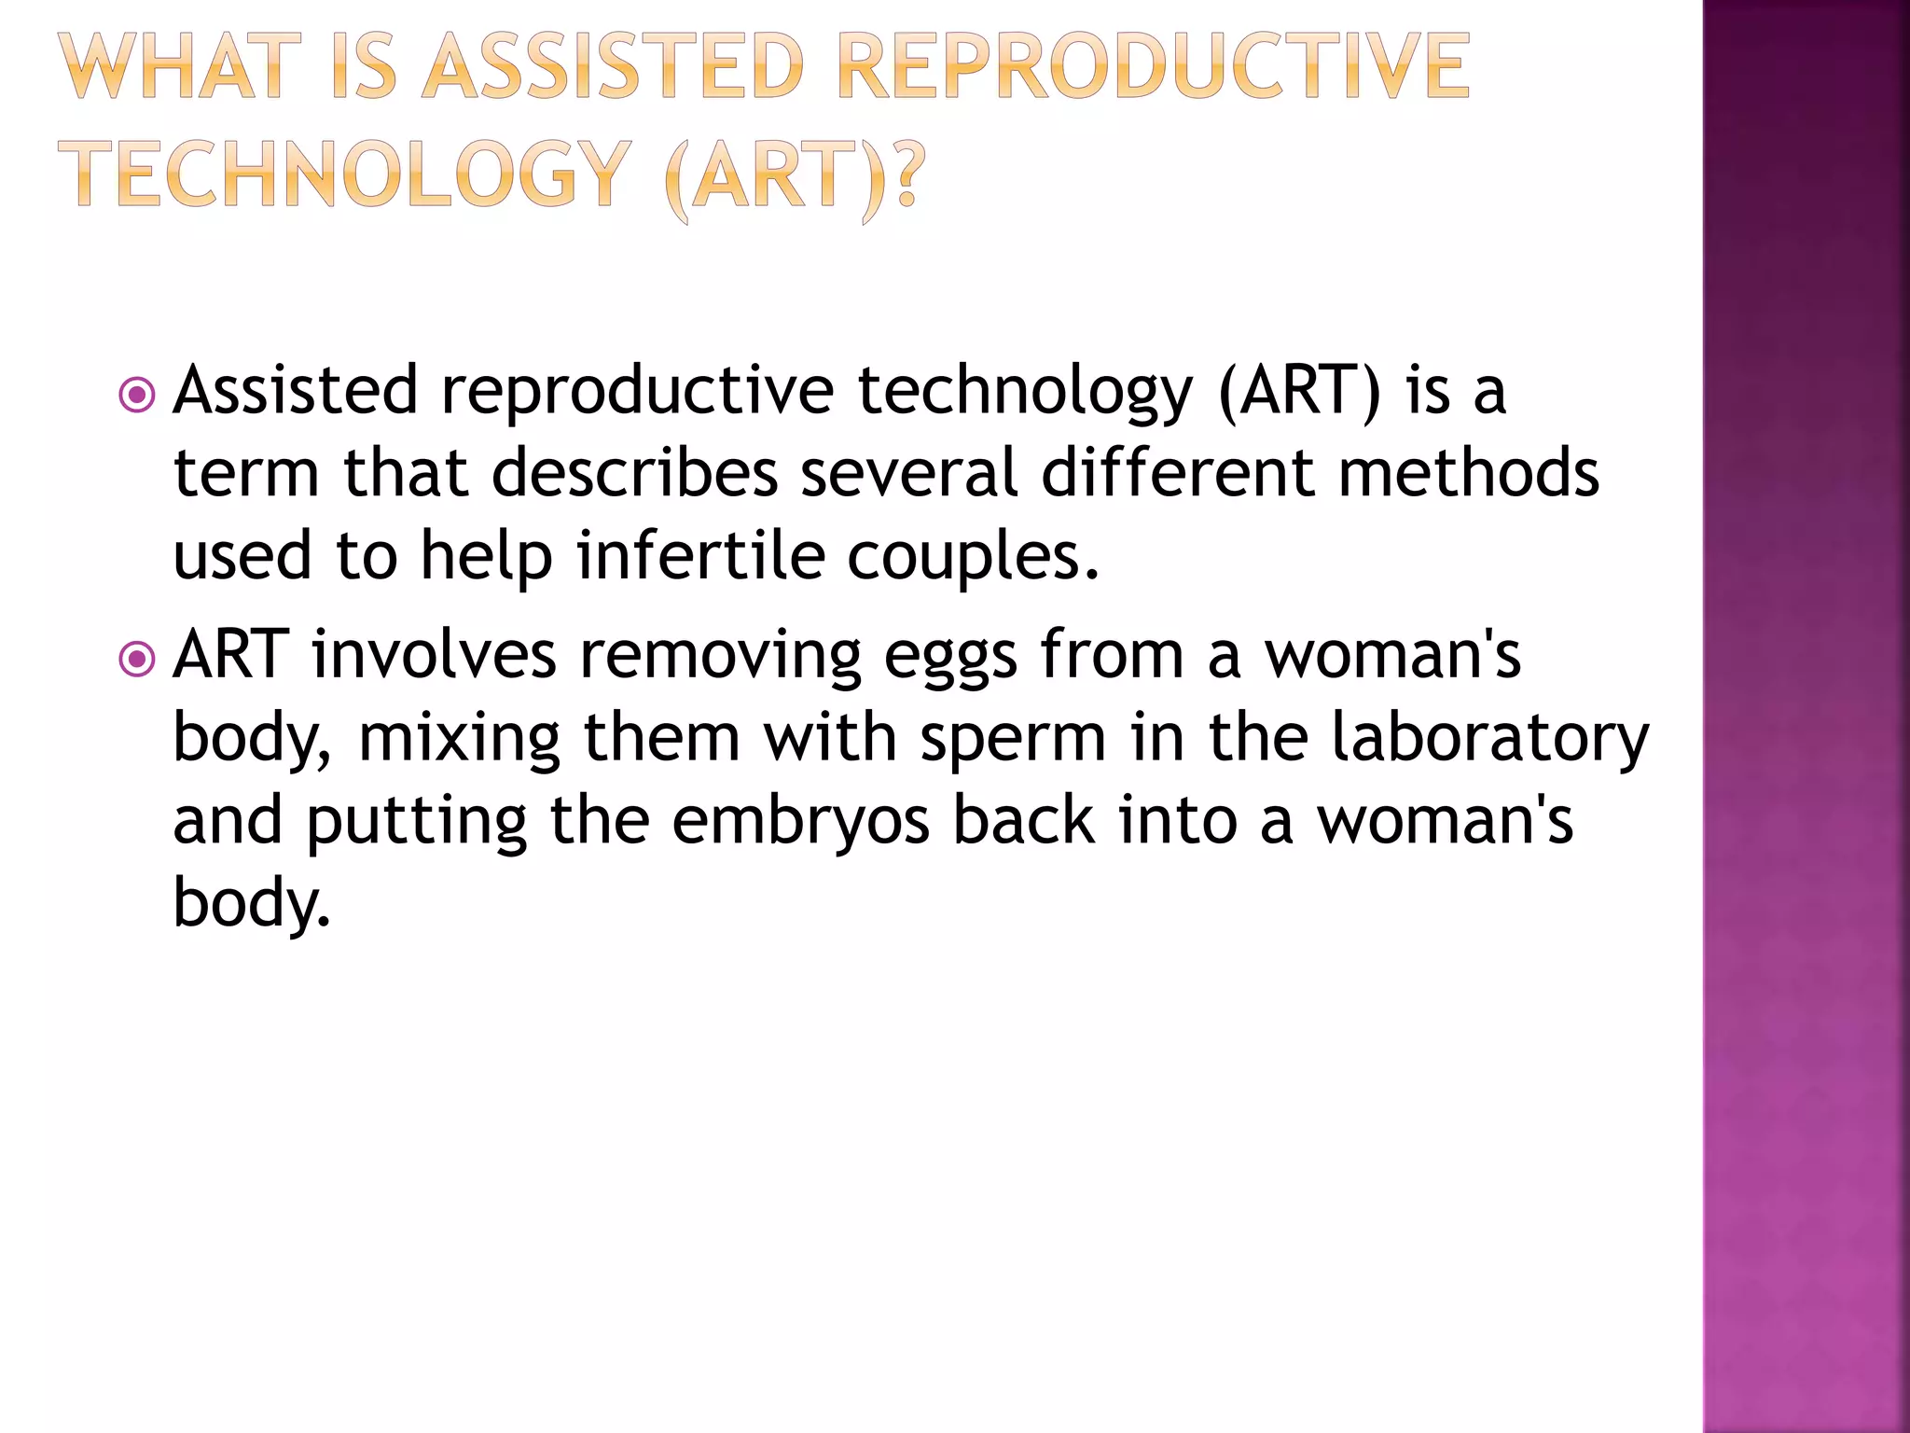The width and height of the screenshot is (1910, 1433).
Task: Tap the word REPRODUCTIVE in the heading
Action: (1153, 66)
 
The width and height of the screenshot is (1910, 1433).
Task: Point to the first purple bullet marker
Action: (138, 395)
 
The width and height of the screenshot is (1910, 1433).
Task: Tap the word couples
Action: (973, 557)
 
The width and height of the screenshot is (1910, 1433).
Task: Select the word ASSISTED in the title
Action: (613, 66)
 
